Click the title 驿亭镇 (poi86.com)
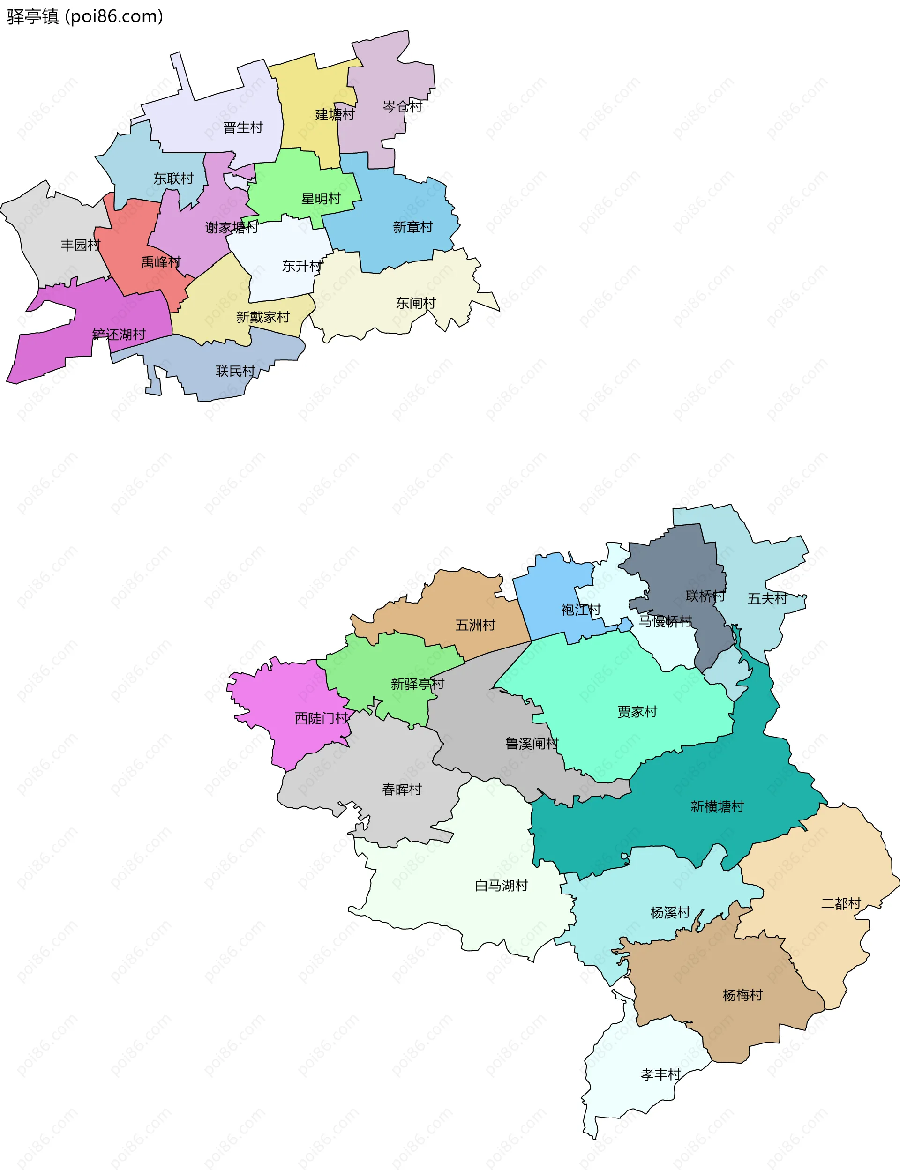85,16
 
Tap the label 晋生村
243,128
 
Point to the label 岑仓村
402,106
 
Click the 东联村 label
173,179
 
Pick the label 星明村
321,199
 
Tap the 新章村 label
412,228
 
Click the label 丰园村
80,245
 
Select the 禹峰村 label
161,262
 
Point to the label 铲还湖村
119,335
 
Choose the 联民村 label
235,371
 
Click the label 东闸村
416,304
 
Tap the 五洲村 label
475,626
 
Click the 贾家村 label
637,712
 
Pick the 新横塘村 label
717,807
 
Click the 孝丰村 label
660,1075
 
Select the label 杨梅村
742,995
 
